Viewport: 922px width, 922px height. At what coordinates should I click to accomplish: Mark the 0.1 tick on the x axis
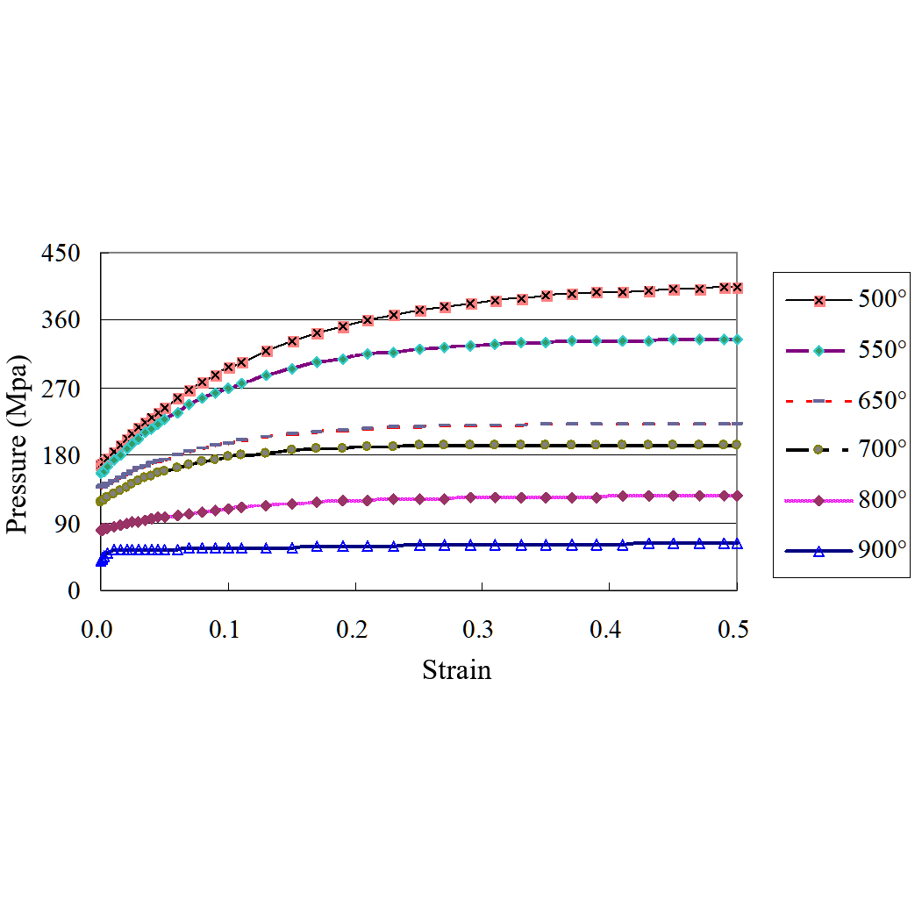click(228, 629)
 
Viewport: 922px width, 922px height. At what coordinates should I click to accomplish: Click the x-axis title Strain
click(456, 670)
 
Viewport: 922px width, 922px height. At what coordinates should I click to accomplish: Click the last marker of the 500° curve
click(737, 288)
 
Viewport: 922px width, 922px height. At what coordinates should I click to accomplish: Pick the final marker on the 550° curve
click(737, 339)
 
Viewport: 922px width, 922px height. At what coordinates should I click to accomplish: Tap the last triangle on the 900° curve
click(737, 544)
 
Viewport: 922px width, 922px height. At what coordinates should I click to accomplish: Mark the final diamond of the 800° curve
click(737, 496)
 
